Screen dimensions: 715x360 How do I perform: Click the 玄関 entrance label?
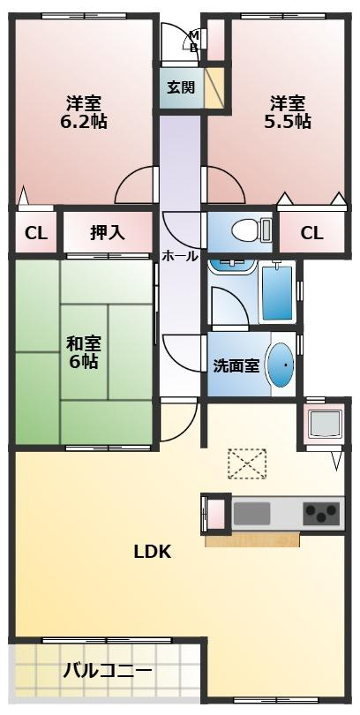pos(181,87)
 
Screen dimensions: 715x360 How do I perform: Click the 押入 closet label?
pos(108,233)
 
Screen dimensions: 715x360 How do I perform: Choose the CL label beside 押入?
pos(35,233)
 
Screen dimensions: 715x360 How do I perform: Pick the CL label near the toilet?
pos(311,233)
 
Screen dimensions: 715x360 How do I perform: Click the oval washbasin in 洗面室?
pos(280,363)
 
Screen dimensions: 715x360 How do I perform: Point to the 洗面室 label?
pos(236,365)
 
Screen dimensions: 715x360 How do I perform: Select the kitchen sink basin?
pos(251,513)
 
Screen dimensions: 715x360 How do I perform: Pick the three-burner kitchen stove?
pos(320,512)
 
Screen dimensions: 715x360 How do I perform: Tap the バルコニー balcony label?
pos(107,670)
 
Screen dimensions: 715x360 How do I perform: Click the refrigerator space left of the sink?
pos(214,513)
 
